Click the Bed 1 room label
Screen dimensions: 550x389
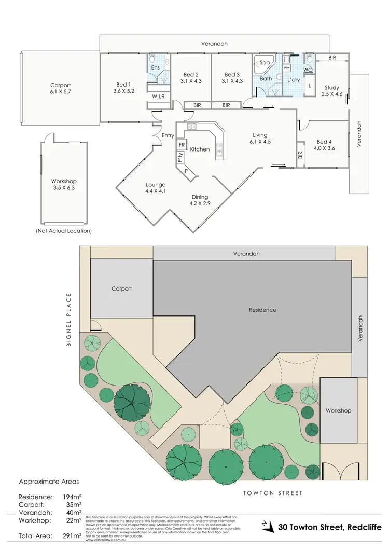click(x=123, y=89)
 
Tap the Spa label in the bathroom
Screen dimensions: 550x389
click(x=265, y=62)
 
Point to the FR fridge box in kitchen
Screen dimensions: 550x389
click(x=182, y=145)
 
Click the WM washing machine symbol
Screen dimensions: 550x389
click(x=286, y=68)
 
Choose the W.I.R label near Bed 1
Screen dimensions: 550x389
click(x=158, y=96)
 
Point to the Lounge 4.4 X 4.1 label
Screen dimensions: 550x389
click(x=156, y=188)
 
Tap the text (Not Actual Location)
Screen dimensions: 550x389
click(x=63, y=230)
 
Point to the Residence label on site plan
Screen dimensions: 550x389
click(x=262, y=310)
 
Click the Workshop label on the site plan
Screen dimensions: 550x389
click(x=338, y=410)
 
